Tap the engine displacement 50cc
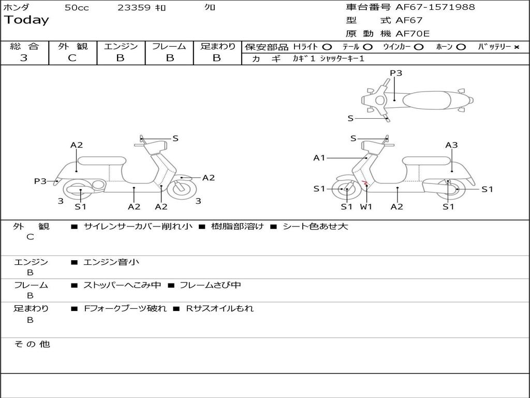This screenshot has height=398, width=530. (77, 8)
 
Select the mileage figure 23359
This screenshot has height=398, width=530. (134, 8)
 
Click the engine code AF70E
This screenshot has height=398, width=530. (413, 34)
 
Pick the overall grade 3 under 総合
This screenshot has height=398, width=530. (24, 58)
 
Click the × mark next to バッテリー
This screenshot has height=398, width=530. (516, 47)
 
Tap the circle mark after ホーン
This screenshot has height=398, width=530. (461, 47)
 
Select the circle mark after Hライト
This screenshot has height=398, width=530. (327, 47)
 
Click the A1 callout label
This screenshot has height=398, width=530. (319, 158)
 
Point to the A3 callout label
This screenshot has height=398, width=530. (451, 145)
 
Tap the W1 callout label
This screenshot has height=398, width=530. (366, 207)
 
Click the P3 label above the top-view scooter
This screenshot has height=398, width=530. (396, 73)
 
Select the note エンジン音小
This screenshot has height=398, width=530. (111, 262)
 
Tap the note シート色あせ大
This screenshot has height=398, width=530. (315, 226)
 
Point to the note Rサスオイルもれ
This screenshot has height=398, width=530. (220, 308)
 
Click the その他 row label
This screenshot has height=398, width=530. (32, 344)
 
